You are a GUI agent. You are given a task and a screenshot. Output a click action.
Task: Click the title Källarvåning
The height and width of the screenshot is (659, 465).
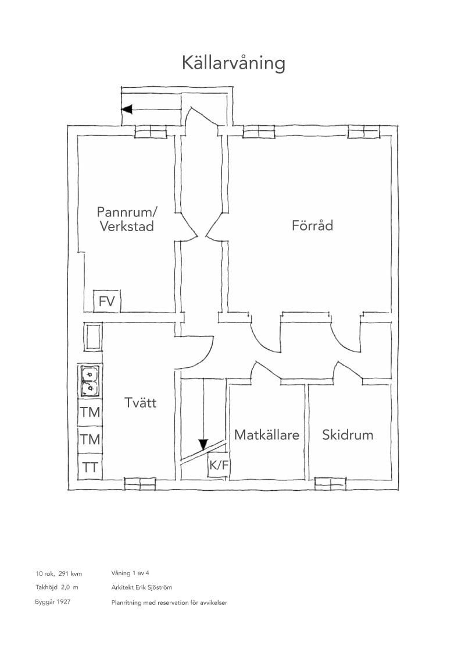(233, 63)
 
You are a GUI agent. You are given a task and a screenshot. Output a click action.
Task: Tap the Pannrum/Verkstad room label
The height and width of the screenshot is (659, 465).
(127, 219)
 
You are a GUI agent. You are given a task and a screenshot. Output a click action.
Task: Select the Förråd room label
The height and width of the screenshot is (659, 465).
(312, 225)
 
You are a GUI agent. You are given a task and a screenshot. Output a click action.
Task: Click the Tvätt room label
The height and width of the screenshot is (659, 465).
(140, 403)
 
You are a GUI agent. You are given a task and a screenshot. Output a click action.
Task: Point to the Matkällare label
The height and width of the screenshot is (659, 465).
(266, 434)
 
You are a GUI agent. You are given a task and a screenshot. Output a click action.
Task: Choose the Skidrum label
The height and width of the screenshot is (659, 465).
(348, 434)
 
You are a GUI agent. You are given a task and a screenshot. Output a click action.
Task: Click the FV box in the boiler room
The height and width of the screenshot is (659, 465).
(106, 302)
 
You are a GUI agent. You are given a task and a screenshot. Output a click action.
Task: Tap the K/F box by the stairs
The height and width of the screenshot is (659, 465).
(218, 465)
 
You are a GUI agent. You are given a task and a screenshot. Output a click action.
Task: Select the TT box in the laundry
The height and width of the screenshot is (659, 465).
(90, 467)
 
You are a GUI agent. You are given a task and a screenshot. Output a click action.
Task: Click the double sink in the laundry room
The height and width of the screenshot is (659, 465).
(90, 381)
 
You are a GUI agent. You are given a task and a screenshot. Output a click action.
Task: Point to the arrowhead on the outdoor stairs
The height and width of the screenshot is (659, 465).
(127, 109)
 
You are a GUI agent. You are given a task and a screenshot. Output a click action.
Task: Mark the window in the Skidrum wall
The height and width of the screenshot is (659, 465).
(331, 484)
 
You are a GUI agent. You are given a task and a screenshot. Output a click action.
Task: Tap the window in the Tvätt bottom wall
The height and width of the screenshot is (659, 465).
(139, 484)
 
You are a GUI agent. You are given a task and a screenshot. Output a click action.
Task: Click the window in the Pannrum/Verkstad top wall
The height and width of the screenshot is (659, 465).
(150, 132)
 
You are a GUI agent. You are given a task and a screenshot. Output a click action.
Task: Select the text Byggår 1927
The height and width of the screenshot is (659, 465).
(53, 602)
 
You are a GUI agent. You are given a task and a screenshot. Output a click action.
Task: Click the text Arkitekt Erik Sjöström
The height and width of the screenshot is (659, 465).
(142, 587)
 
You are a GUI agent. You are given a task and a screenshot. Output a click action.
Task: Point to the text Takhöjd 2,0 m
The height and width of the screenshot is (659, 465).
(57, 587)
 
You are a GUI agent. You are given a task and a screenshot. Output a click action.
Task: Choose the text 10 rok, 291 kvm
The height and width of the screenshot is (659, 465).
(59, 573)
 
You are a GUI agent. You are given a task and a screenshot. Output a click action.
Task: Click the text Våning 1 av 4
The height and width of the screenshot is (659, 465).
(130, 573)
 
